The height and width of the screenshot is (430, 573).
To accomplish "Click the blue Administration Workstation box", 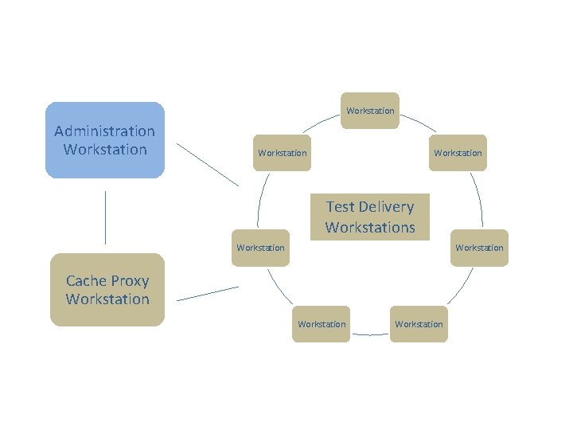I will [105, 139].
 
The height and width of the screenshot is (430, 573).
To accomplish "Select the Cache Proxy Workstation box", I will [107, 290].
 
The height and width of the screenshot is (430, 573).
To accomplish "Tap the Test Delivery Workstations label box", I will [370, 217].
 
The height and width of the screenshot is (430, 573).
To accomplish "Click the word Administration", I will [105, 131].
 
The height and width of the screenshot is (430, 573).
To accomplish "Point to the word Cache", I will [86, 280].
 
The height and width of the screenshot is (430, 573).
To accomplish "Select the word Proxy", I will [130, 280].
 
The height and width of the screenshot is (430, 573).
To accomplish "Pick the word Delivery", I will [387, 207].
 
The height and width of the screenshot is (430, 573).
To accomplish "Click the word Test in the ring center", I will [341, 207].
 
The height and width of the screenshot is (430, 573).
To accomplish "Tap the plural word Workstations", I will [370, 227].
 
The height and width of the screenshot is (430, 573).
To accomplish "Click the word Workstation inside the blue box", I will [105, 150].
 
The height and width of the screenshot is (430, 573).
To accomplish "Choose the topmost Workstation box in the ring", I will [370, 111].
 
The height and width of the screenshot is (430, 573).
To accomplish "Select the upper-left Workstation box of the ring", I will [283, 153].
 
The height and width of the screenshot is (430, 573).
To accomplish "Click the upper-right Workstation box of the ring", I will [458, 153].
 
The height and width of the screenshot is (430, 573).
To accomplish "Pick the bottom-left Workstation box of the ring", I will [321, 324].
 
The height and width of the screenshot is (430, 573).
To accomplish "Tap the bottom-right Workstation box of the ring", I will [419, 324].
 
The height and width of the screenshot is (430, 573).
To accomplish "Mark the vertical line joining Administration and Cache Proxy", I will [105, 217].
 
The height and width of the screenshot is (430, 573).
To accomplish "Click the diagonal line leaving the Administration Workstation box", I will [207, 165].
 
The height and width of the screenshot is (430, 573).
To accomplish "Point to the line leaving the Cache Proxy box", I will [207, 294].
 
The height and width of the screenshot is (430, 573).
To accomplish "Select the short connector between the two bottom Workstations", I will [370, 334].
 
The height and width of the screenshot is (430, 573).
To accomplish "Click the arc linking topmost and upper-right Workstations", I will [418, 122].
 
